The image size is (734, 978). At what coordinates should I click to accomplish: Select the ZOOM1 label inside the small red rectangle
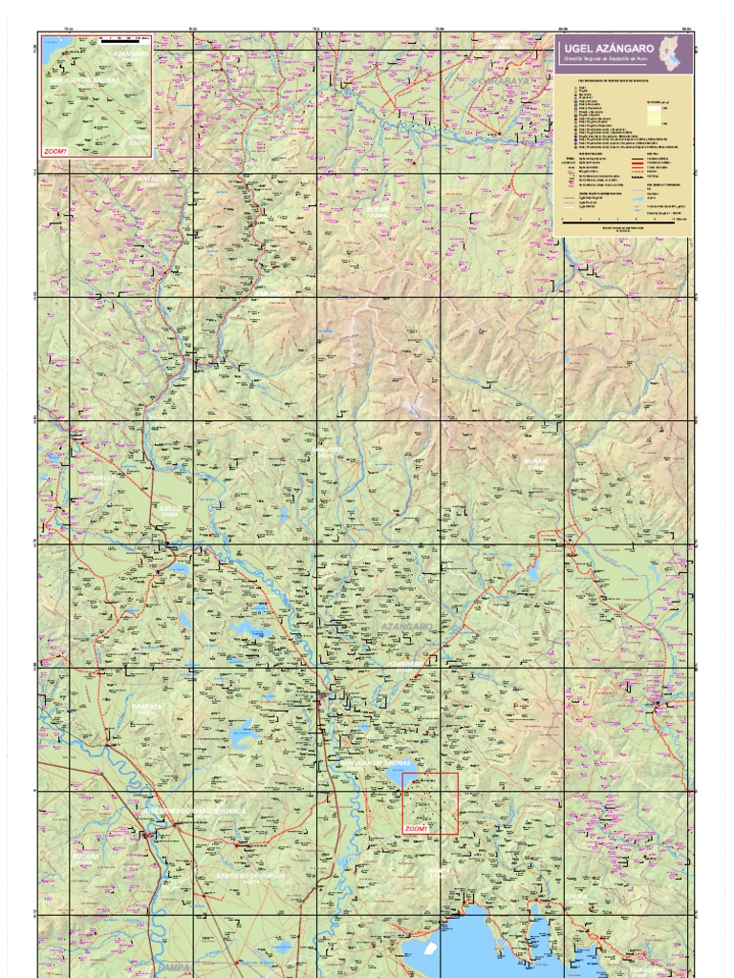(x=416, y=829)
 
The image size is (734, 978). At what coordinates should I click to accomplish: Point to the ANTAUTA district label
(x=151, y=179)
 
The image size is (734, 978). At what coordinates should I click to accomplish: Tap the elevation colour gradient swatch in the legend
(x=653, y=116)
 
